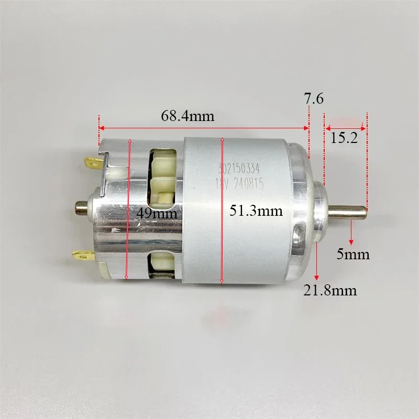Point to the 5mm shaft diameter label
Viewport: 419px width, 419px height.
coord(353,255)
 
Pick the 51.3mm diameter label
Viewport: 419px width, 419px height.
coord(256,211)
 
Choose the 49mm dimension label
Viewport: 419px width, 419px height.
coord(157,213)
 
